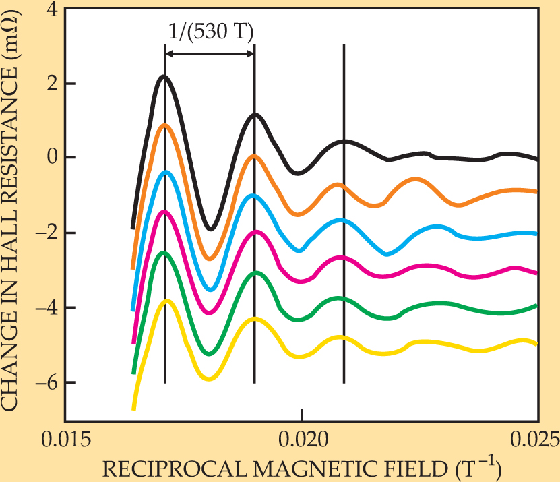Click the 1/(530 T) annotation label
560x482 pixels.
tap(210, 31)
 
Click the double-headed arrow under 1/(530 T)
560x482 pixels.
tap(210, 53)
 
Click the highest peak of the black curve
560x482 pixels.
tap(164, 76)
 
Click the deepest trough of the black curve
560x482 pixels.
tap(210, 229)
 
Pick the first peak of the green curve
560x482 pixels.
tap(164, 253)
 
